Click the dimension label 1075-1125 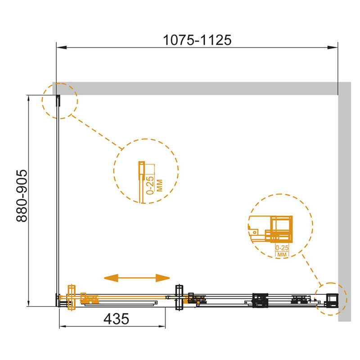click(197, 40)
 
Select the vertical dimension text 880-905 click(22, 196)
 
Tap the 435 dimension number click(116, 319)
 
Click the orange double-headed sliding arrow click(137, 278)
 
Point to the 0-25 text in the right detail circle click(282, 248)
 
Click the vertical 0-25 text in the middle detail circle click(150, 185)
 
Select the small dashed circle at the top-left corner click(60, 101)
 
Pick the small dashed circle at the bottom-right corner click(331, 299)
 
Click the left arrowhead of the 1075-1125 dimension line click(62, 48)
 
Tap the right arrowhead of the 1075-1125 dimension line click(333, 48)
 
